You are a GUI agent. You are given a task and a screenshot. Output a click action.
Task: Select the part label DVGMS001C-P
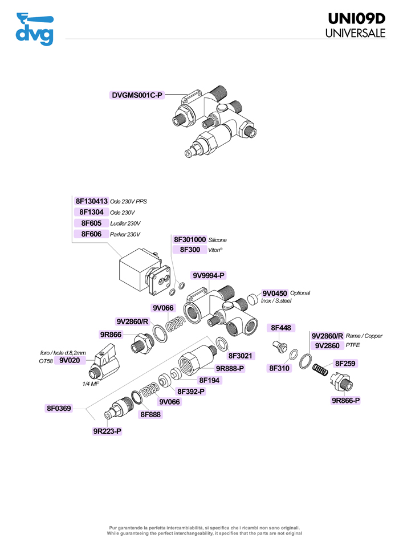[137, 95]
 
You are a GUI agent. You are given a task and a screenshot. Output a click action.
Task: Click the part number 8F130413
[91, 201]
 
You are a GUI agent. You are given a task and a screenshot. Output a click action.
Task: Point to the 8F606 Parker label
[91, 234]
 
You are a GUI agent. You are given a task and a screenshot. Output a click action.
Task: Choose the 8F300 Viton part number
[190, 250]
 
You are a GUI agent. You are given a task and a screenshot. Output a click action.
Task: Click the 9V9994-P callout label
[209, 276]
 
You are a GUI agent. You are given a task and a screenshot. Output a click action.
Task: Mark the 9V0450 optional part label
[275, 293]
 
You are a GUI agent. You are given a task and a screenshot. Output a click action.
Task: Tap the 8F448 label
[280, 328]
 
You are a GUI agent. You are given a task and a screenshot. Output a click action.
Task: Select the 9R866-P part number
[346, 401]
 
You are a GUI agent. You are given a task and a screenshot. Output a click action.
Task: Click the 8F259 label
[346, 363]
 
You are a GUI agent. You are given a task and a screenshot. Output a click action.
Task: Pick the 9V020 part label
[70, 360]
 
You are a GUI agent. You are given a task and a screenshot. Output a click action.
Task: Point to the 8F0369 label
[59, 408]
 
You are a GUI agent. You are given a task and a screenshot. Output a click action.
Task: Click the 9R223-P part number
[107, 431]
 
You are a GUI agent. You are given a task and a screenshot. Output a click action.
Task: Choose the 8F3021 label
[241, 356]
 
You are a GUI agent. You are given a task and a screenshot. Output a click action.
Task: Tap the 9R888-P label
[230, 368]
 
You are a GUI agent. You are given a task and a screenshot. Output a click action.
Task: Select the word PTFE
[352, 345]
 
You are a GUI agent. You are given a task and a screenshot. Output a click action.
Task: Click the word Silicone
[218, 240]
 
